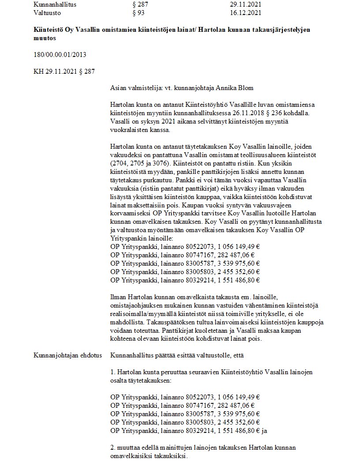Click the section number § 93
(x=139, y=13)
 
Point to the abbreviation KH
(x=38, y=71)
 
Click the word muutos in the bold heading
(x=45, y=38)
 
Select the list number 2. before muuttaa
(x=113, y=447)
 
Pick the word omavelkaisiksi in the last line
(x=130, y=456)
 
